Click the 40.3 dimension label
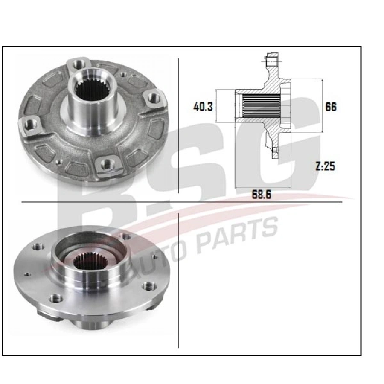click(x=203, y=107)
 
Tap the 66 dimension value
click(x=331, y=107)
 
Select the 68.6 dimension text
click(x=262, y=195)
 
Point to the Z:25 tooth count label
click(x=326, y=166)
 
